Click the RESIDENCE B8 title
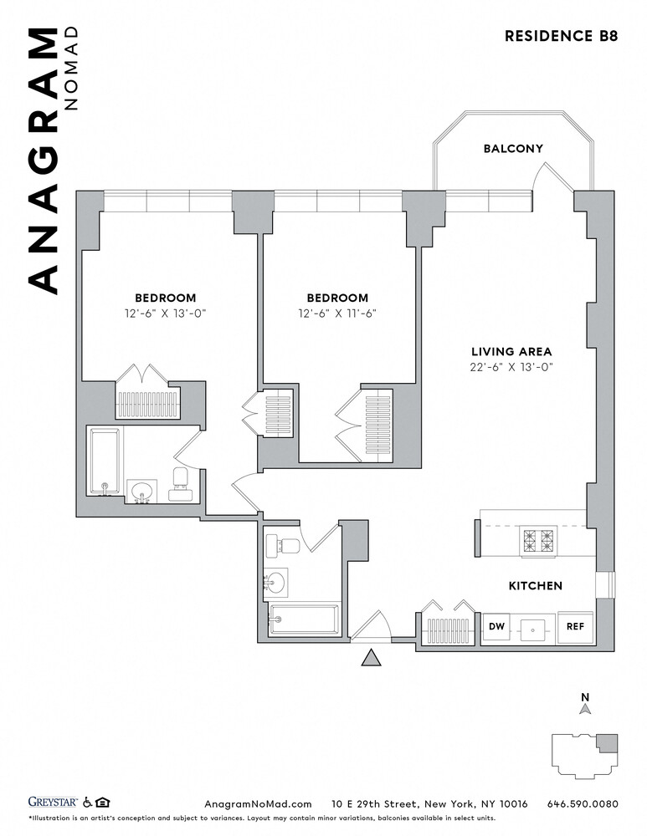[x=561, y=36]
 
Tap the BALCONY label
[x=513, y=148]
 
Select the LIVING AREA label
[x=511, y=351]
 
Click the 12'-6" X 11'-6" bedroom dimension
[x=337, y=313]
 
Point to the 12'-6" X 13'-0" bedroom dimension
[x=166, y=313]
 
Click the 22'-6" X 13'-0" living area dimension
[x=511, y=367]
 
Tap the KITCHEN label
[x=536, y=585]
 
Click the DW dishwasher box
[x=496, y=626]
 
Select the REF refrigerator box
[x=575, y=626]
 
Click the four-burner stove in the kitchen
[x=539, y=541]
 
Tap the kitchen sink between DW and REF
[x=533, y=629]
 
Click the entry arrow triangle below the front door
[x=371, y=657]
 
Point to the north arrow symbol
[x=586, y=709]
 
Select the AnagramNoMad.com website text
[x=258, y=804]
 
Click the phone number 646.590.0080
[x=583, y=803]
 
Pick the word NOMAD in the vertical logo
[x=71, y=69]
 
